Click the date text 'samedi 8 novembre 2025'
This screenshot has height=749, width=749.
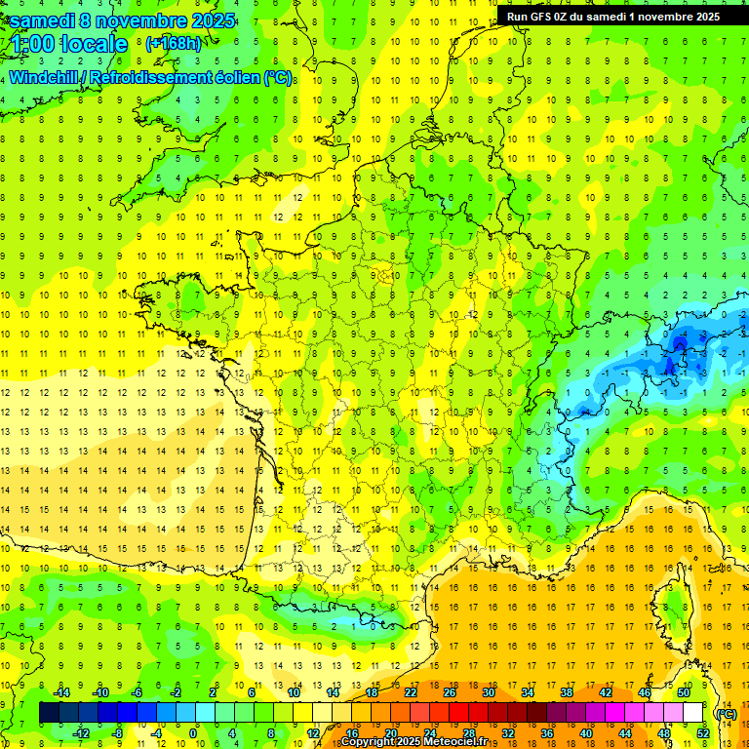pos(122,20)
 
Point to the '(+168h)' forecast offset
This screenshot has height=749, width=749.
pos(173,44)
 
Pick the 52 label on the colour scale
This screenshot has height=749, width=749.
pos(702,733)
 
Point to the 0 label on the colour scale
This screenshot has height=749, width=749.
pos(192,733)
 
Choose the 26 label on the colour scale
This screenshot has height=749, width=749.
pos(450,692)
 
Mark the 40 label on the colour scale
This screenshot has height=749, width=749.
pos(585,733)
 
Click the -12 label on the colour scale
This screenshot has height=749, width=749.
pos(82,733)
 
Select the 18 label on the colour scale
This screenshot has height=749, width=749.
pos(372,692)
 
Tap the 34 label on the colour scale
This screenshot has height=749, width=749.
pos(528,692)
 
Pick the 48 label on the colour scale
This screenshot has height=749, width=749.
pos(663,733)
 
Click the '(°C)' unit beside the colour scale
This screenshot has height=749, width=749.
pos(726,714)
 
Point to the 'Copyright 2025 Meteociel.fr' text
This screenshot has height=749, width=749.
pos(419,742)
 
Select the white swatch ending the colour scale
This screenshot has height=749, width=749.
pos(693,713)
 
